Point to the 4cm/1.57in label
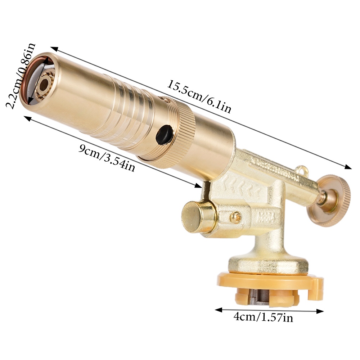click(x=263, y=317)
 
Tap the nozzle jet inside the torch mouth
click(x=44, y=85)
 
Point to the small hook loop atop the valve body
click(x=302, y=168)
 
